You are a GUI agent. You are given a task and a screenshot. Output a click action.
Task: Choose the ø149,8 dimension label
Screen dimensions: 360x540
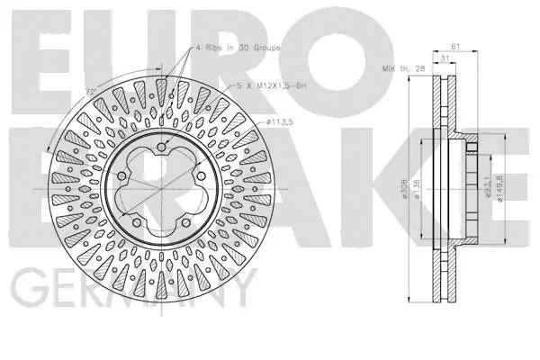pyautogui.click(x=499, y=189)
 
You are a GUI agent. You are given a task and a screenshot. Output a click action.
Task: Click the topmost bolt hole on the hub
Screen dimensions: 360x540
pyautogui.click(x=161, y=148)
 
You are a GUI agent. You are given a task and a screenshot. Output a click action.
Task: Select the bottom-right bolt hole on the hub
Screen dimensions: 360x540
pyautogui.click(x=185, y=224)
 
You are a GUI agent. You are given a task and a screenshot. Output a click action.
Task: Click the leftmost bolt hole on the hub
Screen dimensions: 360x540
pyautogui.click(x=120, y=177)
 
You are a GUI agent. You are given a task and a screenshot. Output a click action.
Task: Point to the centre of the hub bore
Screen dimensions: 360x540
pyautogui.click(x=161, y=191)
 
